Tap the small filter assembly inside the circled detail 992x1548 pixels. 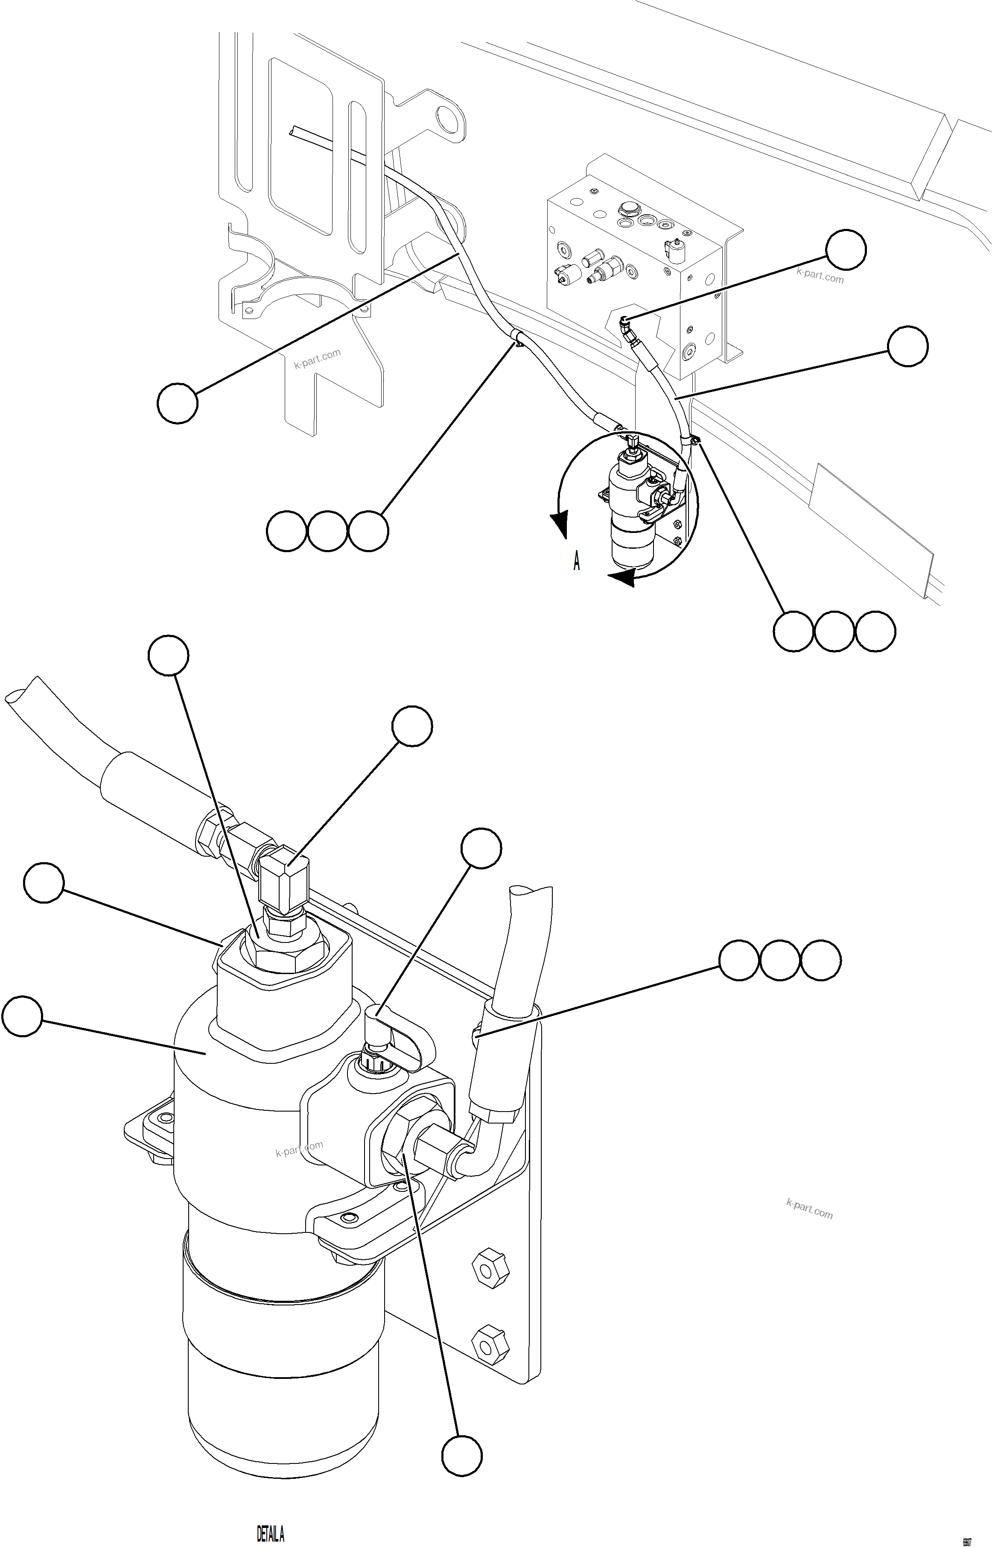[631, 509]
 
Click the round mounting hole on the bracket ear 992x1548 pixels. [447, 119]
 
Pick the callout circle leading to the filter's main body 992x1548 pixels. [23, 1016]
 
